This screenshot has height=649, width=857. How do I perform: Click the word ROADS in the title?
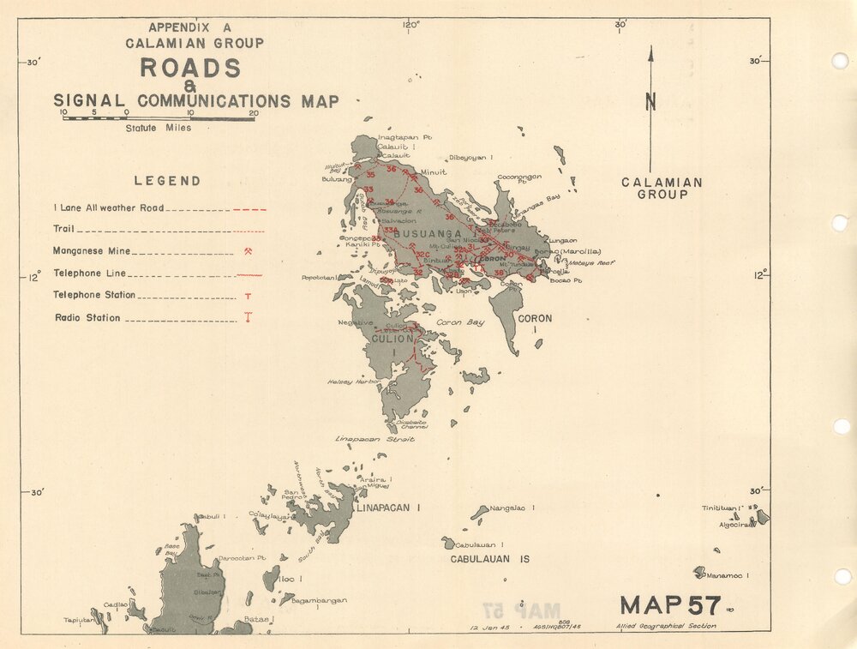(x=190, y=68)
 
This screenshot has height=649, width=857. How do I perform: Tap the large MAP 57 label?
(x=669, y=604)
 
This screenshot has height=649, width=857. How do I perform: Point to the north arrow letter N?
(x=650, y=101)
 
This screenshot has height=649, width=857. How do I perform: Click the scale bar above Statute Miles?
(x=158, y=118)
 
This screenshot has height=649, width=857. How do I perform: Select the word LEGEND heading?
(x=167, y=181)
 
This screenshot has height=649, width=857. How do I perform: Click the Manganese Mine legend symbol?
(x=248, y=251)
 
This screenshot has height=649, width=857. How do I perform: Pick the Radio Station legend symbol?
(x=248, y=317)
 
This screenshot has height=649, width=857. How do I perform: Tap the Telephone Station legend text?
(x=95, y=295)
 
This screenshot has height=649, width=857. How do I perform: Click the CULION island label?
(x=392, y=339)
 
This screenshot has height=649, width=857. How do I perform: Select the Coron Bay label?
(x=460, y=322)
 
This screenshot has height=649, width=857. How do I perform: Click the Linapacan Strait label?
(x=375, y=439)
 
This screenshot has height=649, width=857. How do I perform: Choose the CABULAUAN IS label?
(x=490, y=559)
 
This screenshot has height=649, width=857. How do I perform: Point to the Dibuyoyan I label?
(x=469, y=158)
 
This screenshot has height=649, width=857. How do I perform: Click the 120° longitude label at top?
(x=411, y=24)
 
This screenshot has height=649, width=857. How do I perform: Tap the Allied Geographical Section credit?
(x=666, y=627)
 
